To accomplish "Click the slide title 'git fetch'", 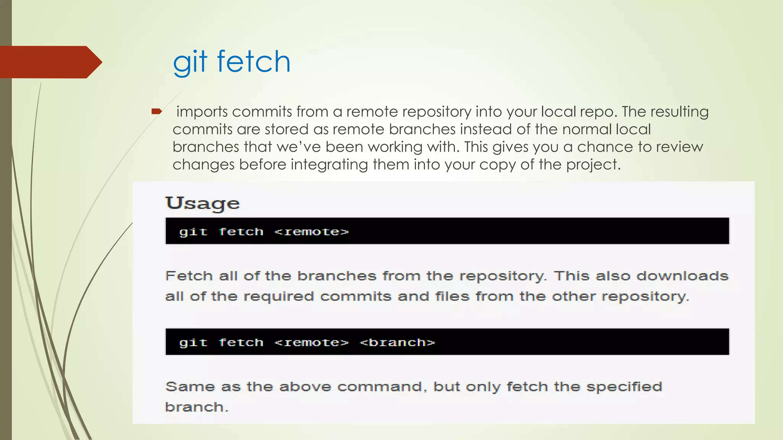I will click(232, 62).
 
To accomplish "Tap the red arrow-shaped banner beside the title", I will click(50, 62).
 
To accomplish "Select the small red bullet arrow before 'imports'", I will click(157, 112).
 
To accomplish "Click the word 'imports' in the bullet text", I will click(202, 112).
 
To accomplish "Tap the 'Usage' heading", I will click(203, 203).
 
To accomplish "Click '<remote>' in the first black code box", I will click(312, 232).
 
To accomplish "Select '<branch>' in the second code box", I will click(397, 343).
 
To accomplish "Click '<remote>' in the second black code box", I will click(312, 343).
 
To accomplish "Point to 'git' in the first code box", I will click(193, 232).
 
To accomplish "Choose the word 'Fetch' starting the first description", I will click(189, 276).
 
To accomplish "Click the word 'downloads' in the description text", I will click(682, 276).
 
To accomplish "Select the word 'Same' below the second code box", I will click(190, 387).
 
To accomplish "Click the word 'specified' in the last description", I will click(624, 387).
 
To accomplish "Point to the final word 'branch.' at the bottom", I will click(197, 407).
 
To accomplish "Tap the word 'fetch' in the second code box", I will click(241, 343).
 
